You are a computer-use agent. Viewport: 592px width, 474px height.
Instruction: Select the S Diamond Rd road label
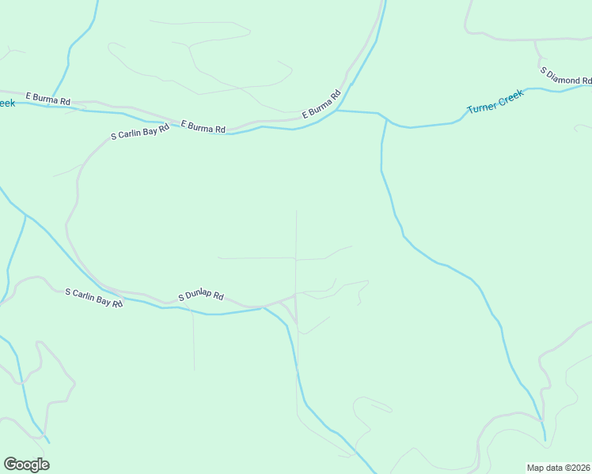(x=566, y=76)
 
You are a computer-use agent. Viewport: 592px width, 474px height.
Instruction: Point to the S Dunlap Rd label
(x=201, y=296)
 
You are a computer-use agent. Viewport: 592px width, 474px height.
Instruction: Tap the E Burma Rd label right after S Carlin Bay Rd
(x=203, y=126)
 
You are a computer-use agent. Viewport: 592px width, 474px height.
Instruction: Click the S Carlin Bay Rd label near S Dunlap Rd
(x=94, y=298)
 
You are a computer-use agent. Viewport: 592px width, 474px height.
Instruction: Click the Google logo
(x=26, y=465)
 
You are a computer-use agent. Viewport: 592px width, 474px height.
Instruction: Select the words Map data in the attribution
(x=545, y=468)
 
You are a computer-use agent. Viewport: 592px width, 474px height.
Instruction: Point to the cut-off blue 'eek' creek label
(x=6, y=103)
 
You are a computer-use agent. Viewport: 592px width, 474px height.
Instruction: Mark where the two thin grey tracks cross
(x=296, y=258)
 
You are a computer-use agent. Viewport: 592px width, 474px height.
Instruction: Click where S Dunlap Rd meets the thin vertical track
(x=296, y=295)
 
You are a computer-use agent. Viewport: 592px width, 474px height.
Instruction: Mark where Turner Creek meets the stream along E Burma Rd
(x=337, y=111)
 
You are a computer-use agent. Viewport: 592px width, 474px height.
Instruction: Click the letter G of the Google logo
(x=11, y=465)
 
